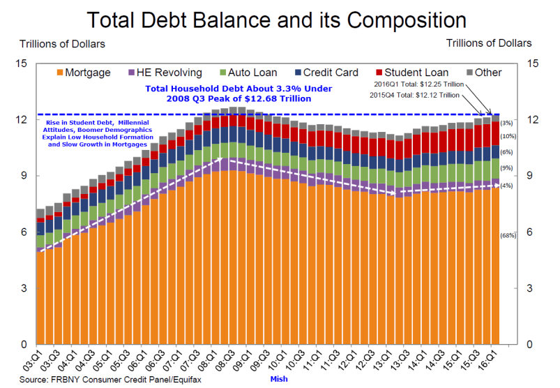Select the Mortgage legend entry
82,73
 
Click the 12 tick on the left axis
21,120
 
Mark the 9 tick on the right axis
534,176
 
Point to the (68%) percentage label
508,235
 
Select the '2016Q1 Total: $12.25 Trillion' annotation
419,84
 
